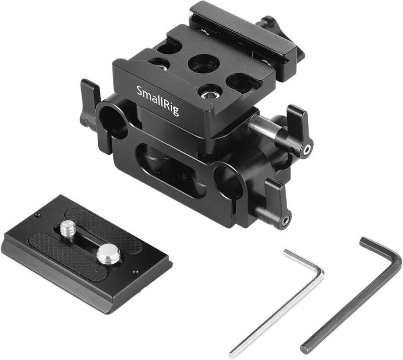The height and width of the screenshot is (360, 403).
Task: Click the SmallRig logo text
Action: click(158, 101)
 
